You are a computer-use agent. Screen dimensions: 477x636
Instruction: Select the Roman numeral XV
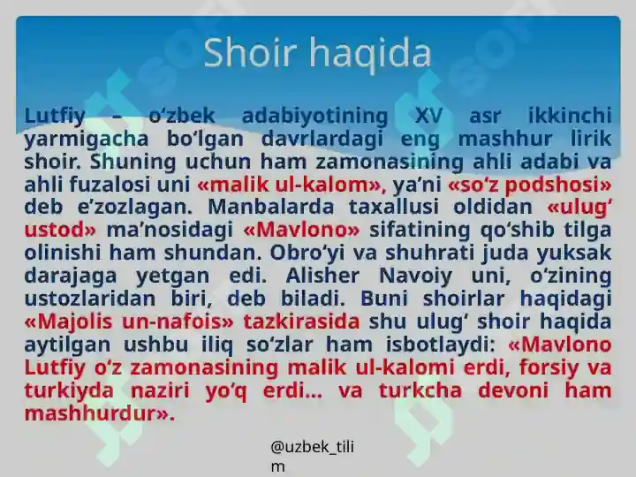[x=428, y=116]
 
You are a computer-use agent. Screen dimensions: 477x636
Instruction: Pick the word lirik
[x=587, y=139]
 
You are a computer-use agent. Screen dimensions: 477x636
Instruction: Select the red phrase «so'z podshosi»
[x=529, y=185]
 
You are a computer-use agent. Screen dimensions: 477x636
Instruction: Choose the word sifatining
[x=428, y=231]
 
